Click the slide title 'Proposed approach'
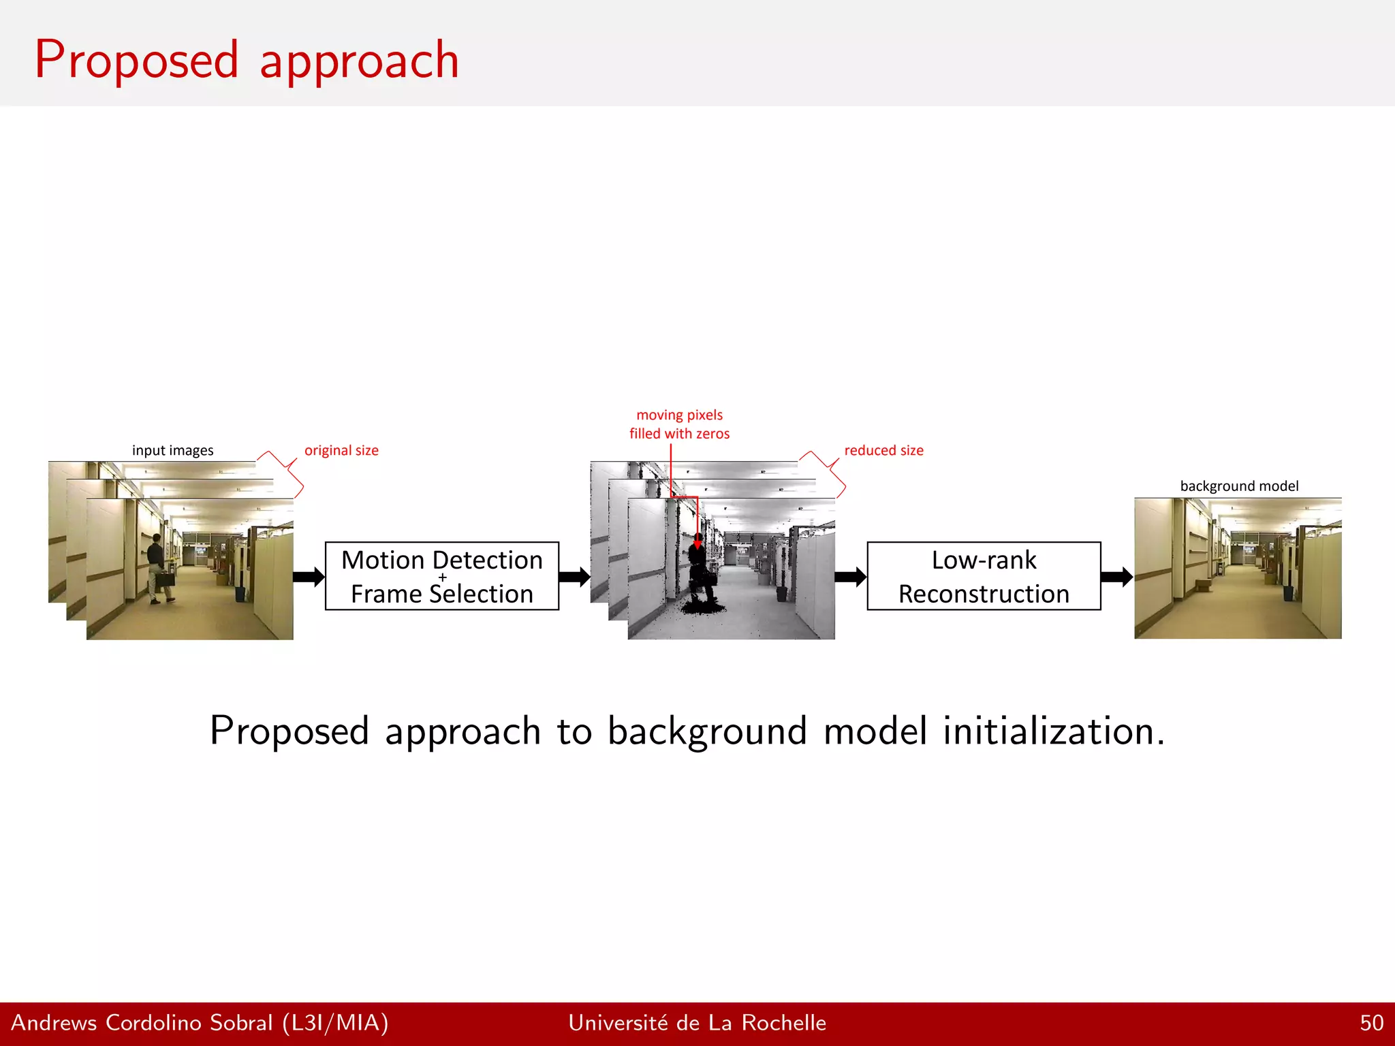(x=247, y=60)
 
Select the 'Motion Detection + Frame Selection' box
(x=441, y=576)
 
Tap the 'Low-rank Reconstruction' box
(x=983, y=576)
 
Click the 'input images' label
(x=172, y=450)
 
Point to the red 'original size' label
(x=341, y=450)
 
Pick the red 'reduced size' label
(x=883, y=450)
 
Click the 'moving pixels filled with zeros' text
(x=679, y=424)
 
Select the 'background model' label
(x=1239, y=486)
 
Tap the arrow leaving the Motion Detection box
(x=574, y=577)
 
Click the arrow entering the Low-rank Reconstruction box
(x=850, y=577)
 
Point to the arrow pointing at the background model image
(x=1116, y=577)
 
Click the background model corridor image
(x=1238, y=569)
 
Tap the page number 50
(x=1371, y=1023)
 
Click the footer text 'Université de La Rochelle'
(x=697, y=1023)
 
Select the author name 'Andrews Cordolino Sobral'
(x=142, y=1023)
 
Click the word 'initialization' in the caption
(x=1053, y=731)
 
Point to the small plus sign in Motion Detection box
(x=443, y=577)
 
